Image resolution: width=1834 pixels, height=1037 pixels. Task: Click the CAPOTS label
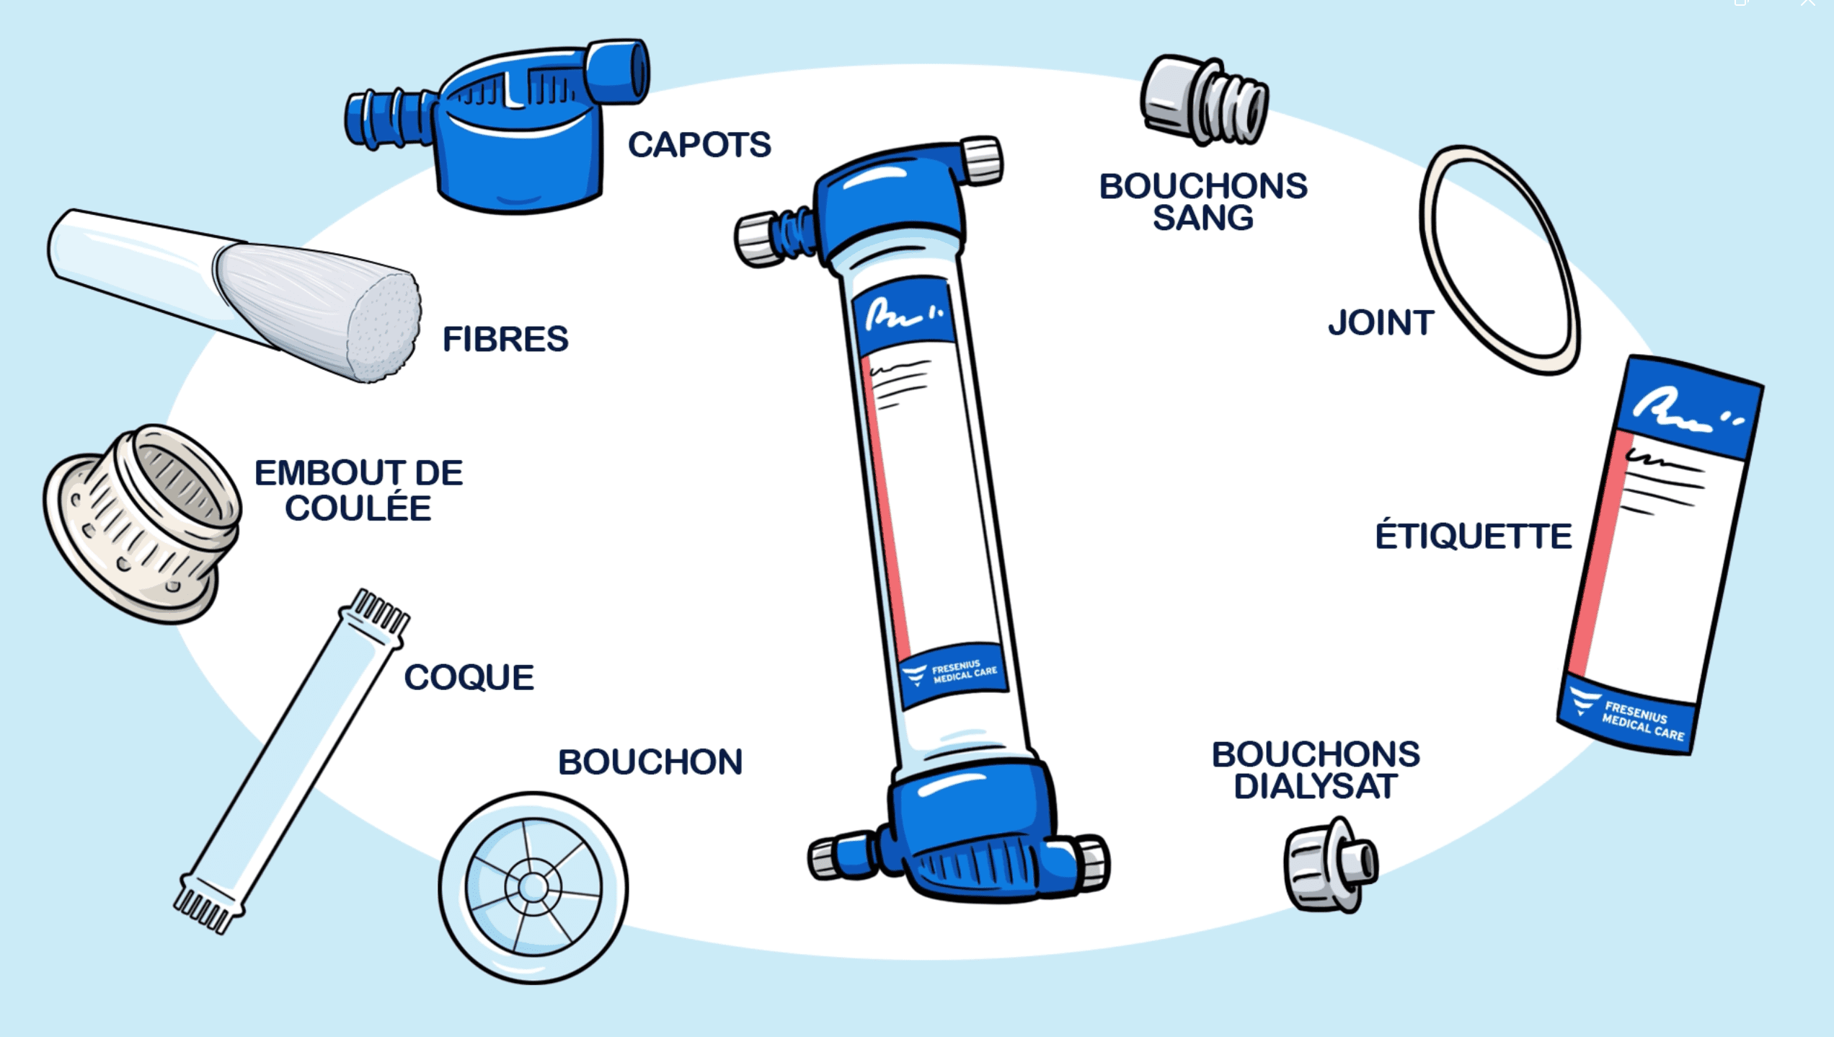click(699, 144)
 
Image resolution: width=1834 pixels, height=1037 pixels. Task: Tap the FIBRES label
click(505, 339)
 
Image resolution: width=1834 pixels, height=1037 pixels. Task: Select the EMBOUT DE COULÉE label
click(359, 490)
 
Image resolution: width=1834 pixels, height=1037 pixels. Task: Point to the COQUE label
click(469, 677)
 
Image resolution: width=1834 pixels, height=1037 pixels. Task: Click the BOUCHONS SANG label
click(1203, 202)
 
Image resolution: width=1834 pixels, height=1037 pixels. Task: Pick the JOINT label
click(1381, 322)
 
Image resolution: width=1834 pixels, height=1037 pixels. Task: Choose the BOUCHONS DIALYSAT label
click(1316, 770)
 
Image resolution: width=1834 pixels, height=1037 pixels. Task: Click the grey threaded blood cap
click(1205, 100)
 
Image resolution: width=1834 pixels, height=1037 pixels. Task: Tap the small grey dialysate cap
click(1330, 865)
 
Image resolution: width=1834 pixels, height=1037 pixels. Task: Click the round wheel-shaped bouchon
click(533, 888)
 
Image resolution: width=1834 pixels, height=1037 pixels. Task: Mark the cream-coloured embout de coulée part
click(142, 524)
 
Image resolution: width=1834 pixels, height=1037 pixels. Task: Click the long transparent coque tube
click(292, 761)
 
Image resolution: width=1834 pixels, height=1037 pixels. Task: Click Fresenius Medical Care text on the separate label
click(1644, 721)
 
